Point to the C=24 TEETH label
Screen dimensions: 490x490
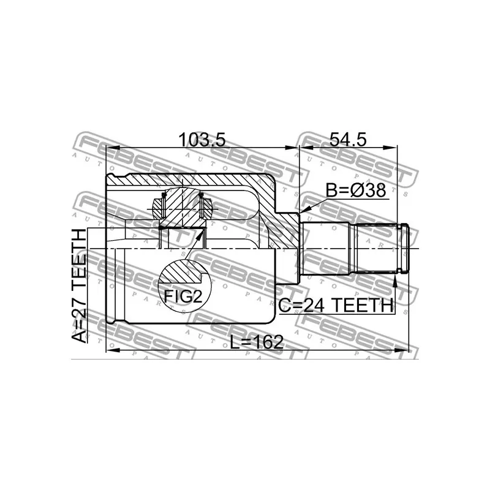[336, 305]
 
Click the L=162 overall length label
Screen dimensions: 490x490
[257, 342]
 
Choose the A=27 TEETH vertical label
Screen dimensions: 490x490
[78, 286]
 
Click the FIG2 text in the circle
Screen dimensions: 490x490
[183, 296]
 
